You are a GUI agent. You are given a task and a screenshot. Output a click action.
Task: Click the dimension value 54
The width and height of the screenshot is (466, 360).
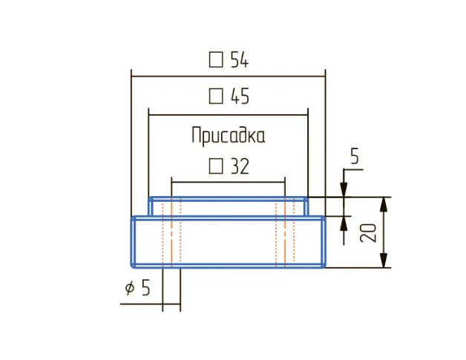(239, 60)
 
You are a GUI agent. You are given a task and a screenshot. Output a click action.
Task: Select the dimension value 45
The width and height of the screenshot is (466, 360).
(239, 96)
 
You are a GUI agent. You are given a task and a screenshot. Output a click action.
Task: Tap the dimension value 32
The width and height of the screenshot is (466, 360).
(239, 166)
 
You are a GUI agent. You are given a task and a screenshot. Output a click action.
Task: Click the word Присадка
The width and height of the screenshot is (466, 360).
(228, 136)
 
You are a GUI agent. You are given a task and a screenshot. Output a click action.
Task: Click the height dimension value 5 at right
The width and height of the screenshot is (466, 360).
(354, 157)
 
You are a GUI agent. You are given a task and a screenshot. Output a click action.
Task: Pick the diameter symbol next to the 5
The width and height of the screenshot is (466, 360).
(130, 288)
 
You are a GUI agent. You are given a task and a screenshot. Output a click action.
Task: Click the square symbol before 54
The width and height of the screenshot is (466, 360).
(216, 60)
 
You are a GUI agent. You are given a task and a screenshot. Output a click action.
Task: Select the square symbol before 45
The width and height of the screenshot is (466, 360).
(216, 96)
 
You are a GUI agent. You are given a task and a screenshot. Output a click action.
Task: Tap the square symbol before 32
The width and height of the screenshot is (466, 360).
(216, 166)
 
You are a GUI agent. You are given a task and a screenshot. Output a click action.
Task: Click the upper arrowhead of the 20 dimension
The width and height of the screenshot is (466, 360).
(384, 204)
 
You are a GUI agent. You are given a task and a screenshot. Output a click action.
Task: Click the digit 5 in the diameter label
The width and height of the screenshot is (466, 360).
(145, 288)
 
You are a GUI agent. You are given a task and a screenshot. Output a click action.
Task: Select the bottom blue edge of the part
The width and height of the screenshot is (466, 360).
(229, 266)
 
